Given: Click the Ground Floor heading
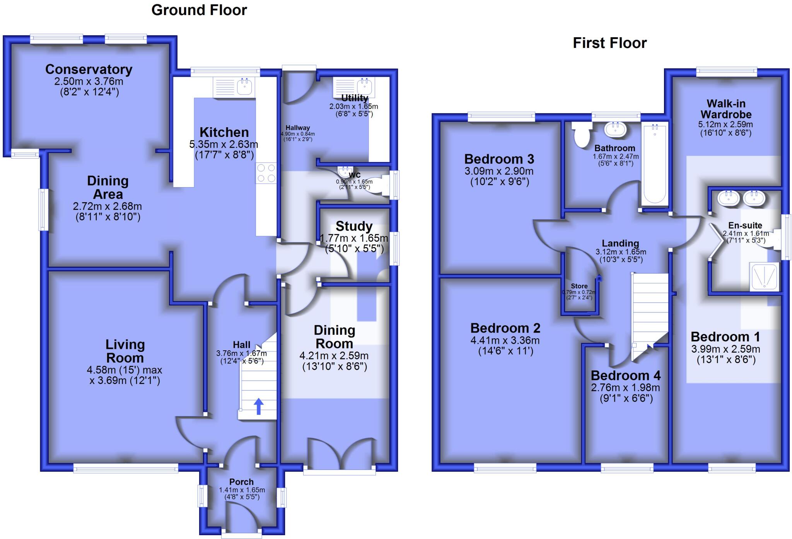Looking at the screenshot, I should [x=199, y=10].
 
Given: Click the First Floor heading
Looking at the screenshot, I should [x=609, y=43].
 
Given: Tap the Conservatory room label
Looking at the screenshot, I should [x=89, y=69].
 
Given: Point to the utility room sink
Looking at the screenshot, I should [x=363, y=86].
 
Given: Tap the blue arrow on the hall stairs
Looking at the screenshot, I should [x=259, y=406].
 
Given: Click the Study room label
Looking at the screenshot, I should [x=354, y=226].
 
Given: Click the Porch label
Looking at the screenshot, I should [x=241, y=482].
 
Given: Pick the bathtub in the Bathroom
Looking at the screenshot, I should [x=654, y=164].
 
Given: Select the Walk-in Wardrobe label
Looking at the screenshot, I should [x=726, y=109].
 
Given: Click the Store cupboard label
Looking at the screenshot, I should [x=579, y=286].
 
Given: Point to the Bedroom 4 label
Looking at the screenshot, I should [x=625, y=375].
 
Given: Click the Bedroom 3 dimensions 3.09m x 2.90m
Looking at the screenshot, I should [x=499, y=171].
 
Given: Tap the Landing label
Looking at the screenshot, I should [x=620, y=243].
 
